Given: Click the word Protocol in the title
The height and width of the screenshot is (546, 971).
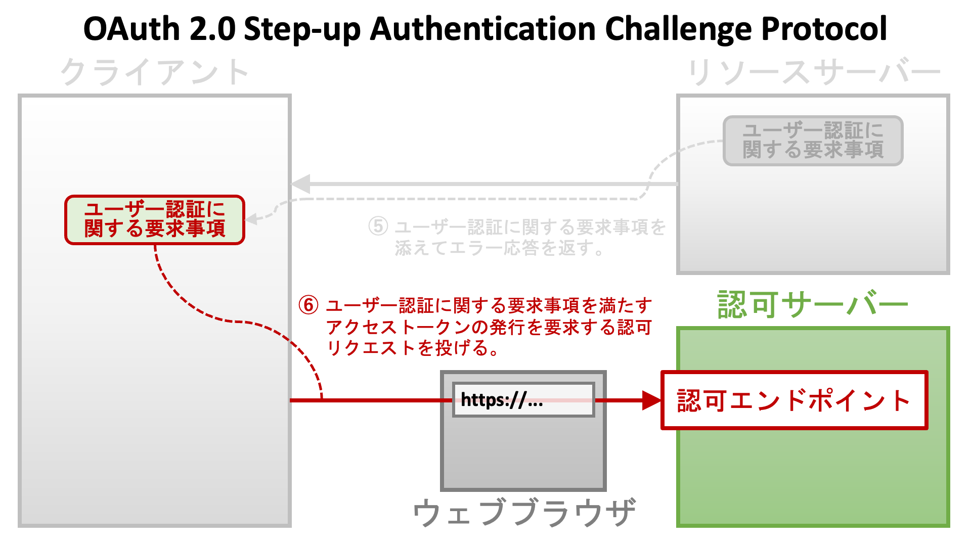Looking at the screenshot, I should click(824, 29).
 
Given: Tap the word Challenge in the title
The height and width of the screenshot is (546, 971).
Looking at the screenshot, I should click(678, 29).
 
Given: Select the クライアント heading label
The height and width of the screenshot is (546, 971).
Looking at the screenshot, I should click(155, 72).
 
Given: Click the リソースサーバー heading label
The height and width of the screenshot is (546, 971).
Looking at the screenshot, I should click(814, 72).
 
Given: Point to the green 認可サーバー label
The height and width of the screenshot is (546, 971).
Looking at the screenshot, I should click(813, 305).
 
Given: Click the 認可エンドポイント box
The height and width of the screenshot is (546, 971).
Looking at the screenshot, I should click(794, 400).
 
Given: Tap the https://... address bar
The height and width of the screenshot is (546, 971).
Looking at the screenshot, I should click(523, 400).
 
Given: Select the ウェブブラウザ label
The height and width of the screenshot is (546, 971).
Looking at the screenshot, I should click(524, 512).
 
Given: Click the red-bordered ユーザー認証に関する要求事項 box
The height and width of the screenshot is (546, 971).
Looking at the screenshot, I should click(155, 220).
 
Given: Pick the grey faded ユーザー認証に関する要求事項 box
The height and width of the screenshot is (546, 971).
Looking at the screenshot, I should click(813, 141).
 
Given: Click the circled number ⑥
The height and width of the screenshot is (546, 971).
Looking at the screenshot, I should click(308, 305).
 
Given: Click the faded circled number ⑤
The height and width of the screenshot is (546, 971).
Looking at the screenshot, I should click(378, 226).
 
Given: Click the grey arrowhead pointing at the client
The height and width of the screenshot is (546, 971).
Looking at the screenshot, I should click(301, 184).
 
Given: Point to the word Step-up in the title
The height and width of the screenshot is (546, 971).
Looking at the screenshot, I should click(302, 29).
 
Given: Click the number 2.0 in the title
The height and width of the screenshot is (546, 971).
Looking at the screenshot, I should click(212, 29).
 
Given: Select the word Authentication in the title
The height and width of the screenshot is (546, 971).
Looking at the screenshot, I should click(483, 29).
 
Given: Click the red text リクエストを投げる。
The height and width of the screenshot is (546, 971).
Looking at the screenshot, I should click(413, 348).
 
